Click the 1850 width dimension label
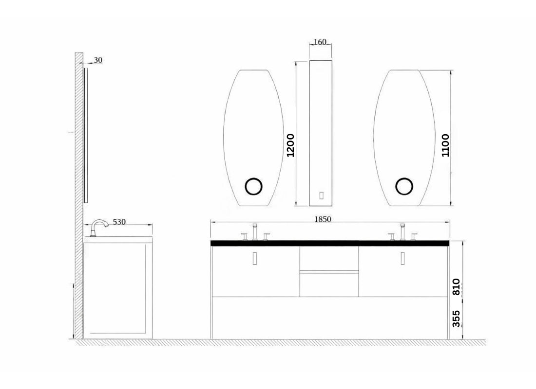click(x=322, y=219)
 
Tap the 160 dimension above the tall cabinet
click(x=320, y=42)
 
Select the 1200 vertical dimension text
click(x=291, y=145)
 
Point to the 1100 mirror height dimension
click(x=445, y=145)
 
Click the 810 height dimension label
click(x=456, y=287)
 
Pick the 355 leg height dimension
click(x=456, y=318)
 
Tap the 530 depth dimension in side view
click(x=119, y=222)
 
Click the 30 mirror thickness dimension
click(x=98, y=60)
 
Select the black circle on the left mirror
click(x=253, y=187)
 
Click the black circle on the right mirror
click(x=404, y=187)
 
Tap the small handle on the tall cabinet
click(x=321, y=195)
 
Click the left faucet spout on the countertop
click(x=254, y=231)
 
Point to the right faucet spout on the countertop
click(x=402, y=231)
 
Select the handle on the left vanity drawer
click(x=254, y=259)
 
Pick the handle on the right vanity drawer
click(x=402, y=259)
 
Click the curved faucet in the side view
click(x=99, y=226)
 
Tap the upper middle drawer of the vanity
click(x=329, y=258)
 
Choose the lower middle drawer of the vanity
click(x=329, y=284)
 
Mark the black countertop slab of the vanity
click(x=329, y=243)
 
